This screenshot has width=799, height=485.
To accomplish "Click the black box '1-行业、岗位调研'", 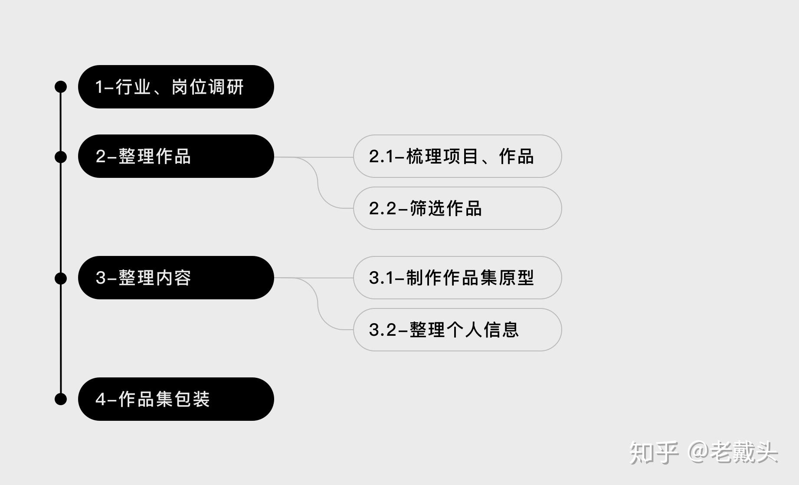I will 176,87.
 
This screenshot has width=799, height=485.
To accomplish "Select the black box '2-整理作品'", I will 176,156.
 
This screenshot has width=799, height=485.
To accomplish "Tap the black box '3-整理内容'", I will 176,278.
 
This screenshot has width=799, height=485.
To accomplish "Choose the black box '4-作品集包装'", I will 176,399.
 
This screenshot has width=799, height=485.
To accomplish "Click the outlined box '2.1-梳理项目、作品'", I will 457,156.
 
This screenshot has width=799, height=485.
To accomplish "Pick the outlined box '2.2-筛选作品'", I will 457,208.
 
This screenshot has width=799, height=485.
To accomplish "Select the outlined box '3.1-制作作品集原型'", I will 457,278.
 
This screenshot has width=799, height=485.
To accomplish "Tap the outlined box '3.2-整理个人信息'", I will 457,330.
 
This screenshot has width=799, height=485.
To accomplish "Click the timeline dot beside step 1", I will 61,87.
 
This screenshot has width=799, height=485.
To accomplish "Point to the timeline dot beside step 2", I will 61,157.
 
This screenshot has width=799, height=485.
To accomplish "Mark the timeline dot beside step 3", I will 61,278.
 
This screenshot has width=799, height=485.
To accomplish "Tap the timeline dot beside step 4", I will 61,399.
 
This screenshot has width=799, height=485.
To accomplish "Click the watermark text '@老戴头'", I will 733,452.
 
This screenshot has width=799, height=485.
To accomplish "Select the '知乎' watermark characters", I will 654,452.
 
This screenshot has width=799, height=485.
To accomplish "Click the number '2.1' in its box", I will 381,157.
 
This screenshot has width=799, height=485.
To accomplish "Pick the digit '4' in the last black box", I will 101,400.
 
